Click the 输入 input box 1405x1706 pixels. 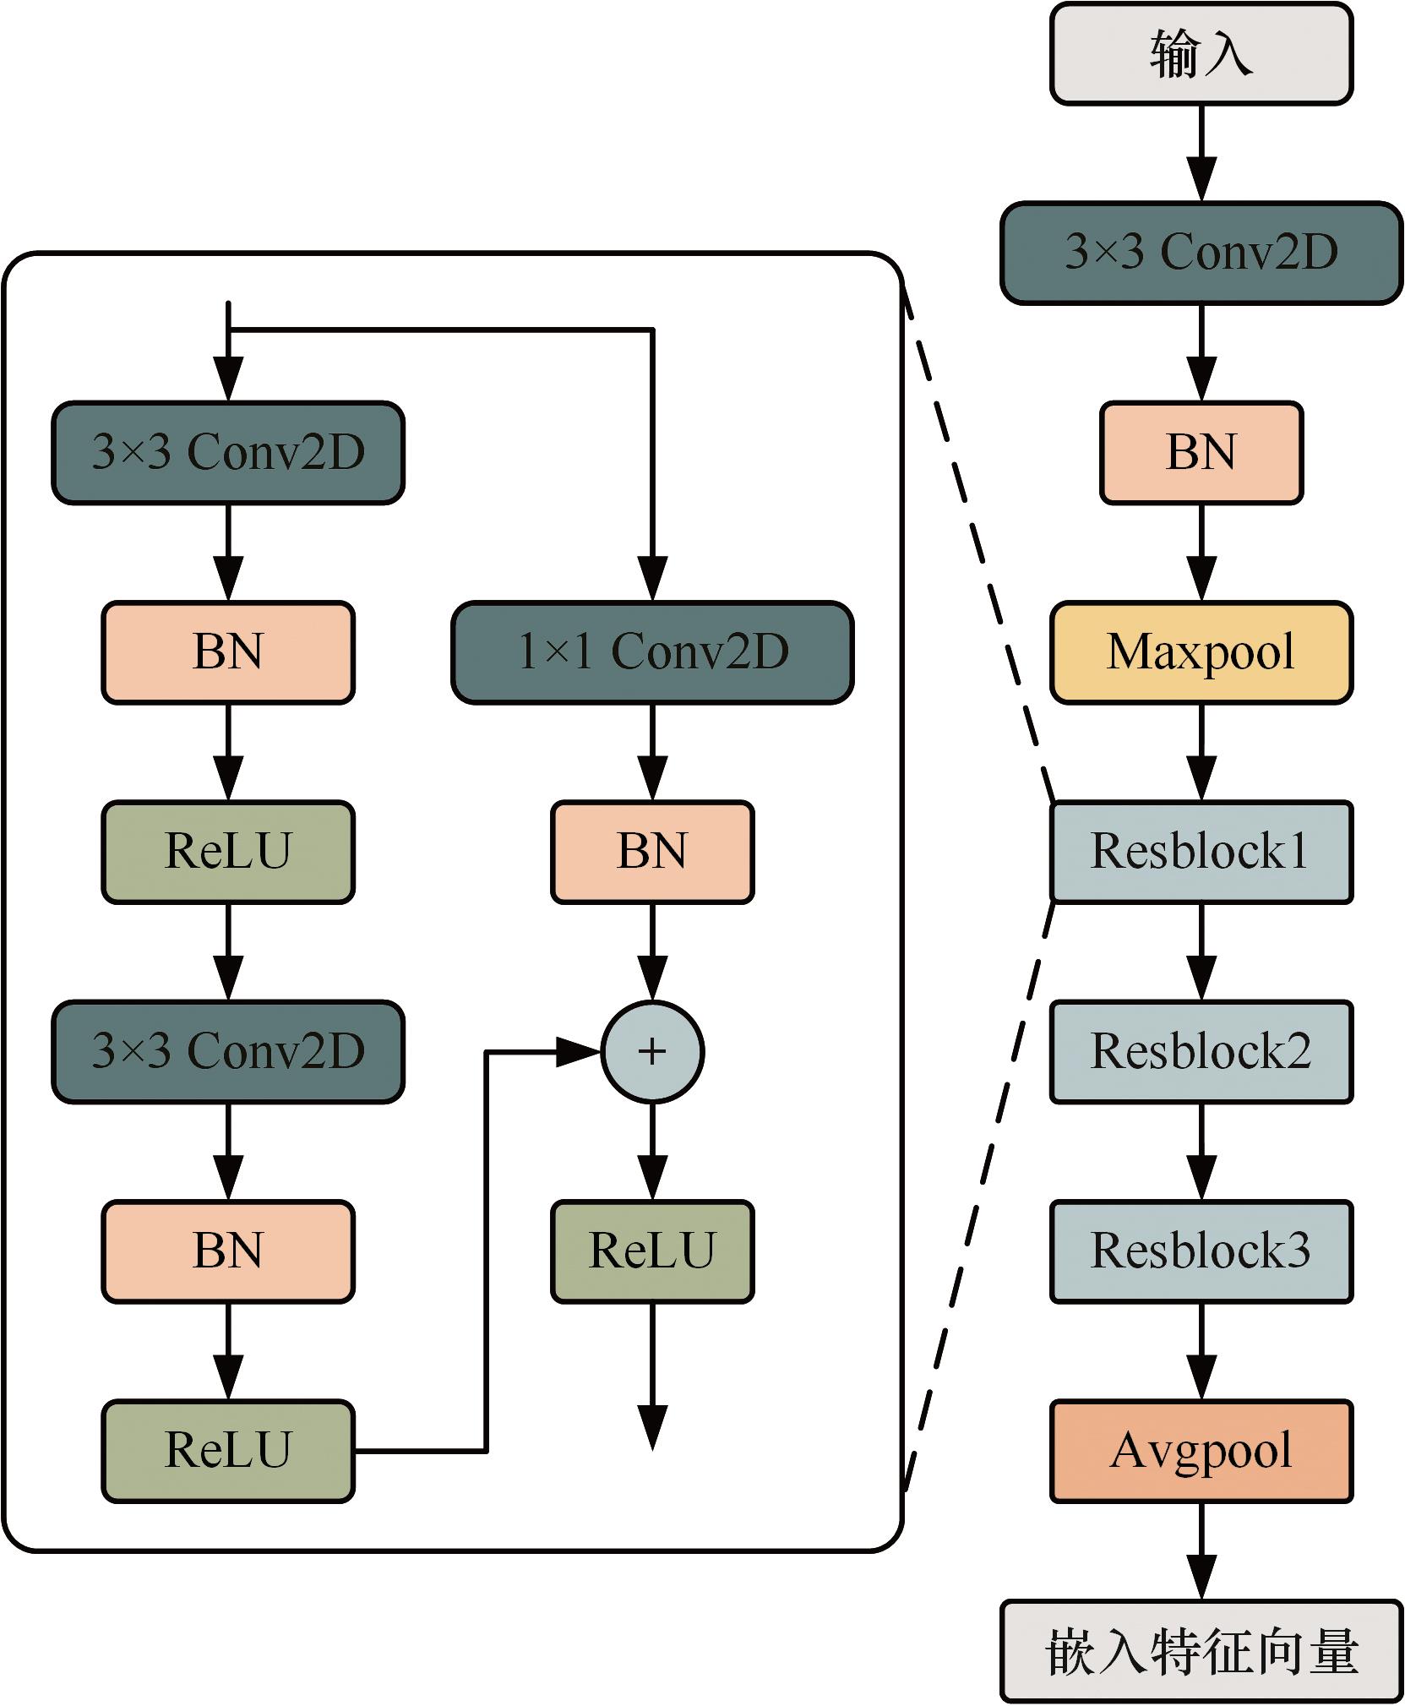1201,55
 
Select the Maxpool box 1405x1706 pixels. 1201,651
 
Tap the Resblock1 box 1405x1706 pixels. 1201,851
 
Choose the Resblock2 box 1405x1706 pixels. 1201,1051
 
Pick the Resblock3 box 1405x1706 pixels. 1201,1251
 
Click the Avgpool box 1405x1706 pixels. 1201,1451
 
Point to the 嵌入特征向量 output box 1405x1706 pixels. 1201,1651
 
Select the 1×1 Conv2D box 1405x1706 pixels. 652,651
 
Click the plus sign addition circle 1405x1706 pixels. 652,1051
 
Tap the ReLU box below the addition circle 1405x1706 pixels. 652,1251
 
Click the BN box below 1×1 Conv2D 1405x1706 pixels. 652,851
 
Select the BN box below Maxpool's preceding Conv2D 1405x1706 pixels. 1201,452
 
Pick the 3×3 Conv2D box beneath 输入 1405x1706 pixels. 1201,253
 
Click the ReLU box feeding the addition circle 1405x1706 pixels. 228,1451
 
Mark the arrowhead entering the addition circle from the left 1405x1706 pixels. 580,1052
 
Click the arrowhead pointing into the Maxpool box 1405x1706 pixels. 1201,580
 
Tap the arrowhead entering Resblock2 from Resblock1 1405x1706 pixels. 1201,978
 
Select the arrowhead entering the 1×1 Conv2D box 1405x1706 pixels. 652,580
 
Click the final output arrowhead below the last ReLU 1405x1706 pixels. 652,1428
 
